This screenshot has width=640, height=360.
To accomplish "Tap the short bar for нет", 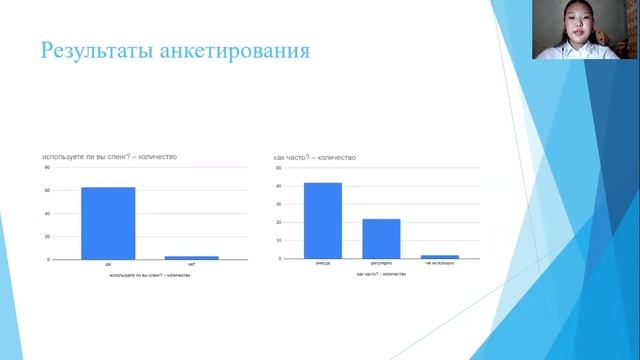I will (x=191, y=257).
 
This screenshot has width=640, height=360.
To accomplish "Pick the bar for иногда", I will (x=322, y=220).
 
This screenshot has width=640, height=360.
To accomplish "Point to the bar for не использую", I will (x=440, y=256).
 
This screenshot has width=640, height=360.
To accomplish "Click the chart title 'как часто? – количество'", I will (x=314, y=157).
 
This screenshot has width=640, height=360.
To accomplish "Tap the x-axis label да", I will (x=107, y=265).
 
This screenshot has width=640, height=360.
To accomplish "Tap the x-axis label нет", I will (x=191, y=265).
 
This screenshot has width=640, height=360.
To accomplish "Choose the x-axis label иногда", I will (x=322, y=264).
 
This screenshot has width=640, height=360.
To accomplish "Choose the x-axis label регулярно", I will (x=381, y=264).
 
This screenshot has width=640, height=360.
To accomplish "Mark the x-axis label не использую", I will (x=440, y=264).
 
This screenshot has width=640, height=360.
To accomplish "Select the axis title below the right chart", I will (x=380, y=273).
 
